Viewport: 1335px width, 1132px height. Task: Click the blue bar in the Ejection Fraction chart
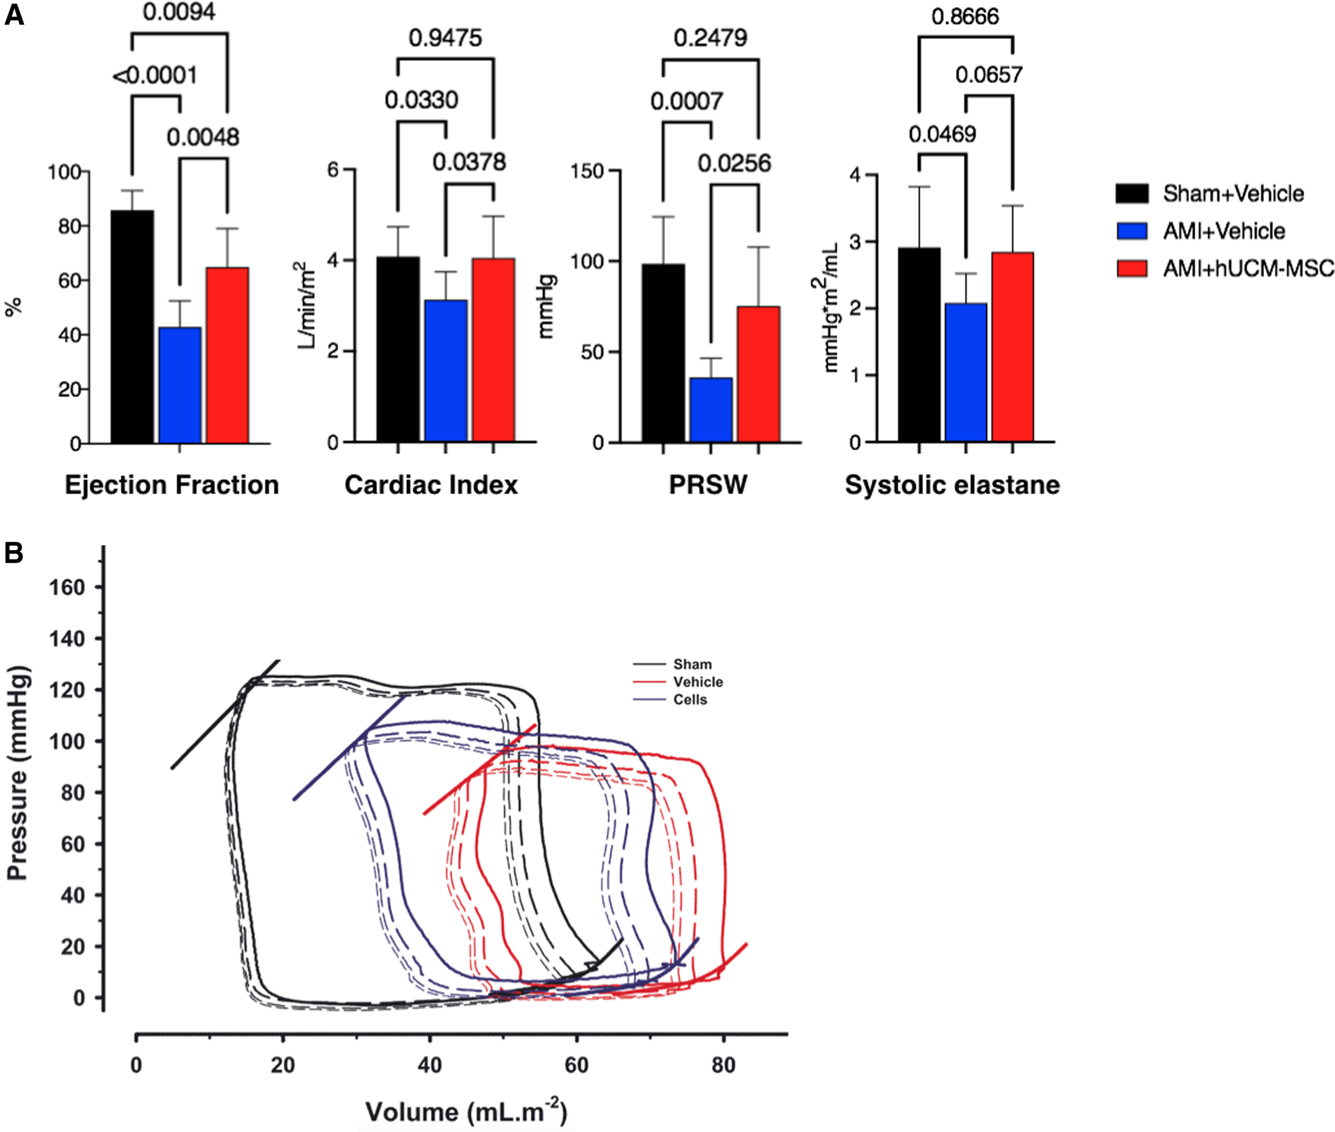(x=180, y=384)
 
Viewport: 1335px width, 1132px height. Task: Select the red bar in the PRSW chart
(x=759, y=374)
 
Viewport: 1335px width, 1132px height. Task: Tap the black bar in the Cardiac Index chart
(x=398, y=349)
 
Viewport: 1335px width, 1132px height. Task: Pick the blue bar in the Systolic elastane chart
(x=966, y=372)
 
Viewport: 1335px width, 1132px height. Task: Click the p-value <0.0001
(x=155, y=75)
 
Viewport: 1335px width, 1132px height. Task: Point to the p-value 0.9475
(x=445, y=38)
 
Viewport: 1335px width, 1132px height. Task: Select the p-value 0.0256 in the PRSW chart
(x=734, y=164)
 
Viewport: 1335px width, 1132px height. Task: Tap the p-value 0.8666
(x=965, y=16)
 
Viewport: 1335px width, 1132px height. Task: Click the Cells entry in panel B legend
(x=689, y=700)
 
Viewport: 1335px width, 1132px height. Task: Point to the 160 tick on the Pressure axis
(x=67, y=587)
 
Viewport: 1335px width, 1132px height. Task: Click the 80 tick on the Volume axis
(x=723, y=1065)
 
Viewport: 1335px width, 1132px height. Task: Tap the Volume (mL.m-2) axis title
(x=465, y=1112)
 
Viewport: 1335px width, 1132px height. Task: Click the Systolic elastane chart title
(x=952, y=485)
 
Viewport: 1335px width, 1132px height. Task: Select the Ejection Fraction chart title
(x=172, y=485)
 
